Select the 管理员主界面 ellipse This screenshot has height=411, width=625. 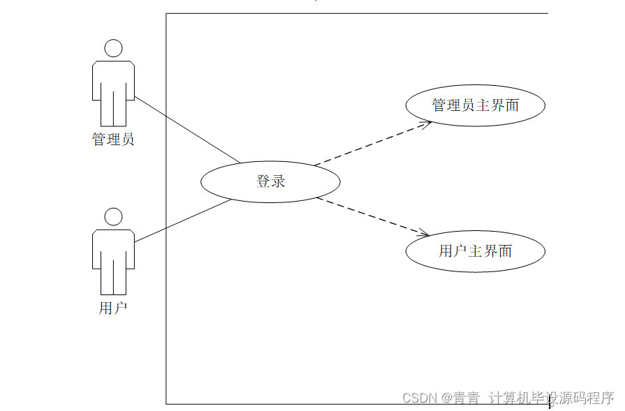click(x=475, y=105)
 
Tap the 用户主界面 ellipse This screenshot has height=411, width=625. click(x=475, y=251)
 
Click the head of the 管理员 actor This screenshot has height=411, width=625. click(x=113, y=48)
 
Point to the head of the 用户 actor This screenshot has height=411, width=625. click(x=113, y=216)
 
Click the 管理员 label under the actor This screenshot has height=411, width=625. click(x=113, y=139)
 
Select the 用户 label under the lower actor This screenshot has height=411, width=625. click(x=113, y=308)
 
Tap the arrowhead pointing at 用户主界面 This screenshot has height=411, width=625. click(x=423, y=233)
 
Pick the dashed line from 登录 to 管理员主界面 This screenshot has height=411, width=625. click(x=370, y=144)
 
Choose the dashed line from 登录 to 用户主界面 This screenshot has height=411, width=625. click(x=370, y=216)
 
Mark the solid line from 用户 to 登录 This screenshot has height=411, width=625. click(x=183, y=221)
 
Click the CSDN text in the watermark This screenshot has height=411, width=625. click(x=420, y=398)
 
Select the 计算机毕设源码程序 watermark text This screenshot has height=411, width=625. click(x=551, y=398)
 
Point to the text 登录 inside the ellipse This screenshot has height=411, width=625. click(x=271, y=181)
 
